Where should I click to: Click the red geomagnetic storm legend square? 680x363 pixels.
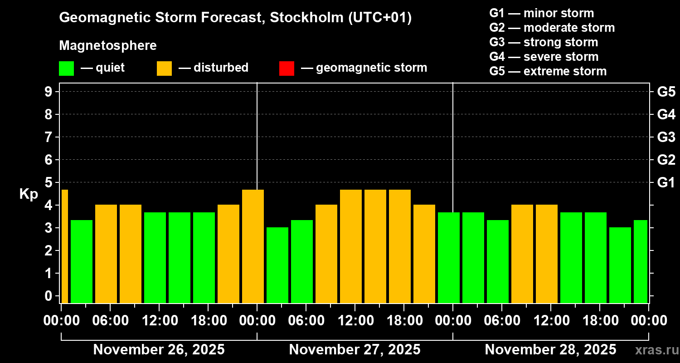[x=287, y=69]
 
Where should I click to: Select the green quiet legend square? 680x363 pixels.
[x=66, y=69]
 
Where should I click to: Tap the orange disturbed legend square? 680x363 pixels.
[x=164, y=69]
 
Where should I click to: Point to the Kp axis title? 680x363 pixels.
[x=28, y=194]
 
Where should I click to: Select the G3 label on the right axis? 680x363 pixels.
[x=666, y=137]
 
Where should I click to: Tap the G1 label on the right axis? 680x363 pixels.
[x=666, y=182]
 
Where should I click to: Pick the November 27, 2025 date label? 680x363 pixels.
[x=355, y=350]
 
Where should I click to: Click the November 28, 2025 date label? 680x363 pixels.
[x=550, y=350]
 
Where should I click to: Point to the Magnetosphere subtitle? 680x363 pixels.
[x=108, y=46]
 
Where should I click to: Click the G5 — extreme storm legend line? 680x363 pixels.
[x=548, y=71]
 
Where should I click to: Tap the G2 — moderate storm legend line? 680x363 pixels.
[x=552, y=28]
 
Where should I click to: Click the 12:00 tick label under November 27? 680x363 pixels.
[x=355, y=321]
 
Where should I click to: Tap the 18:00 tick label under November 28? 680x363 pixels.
[x=599, y=321]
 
